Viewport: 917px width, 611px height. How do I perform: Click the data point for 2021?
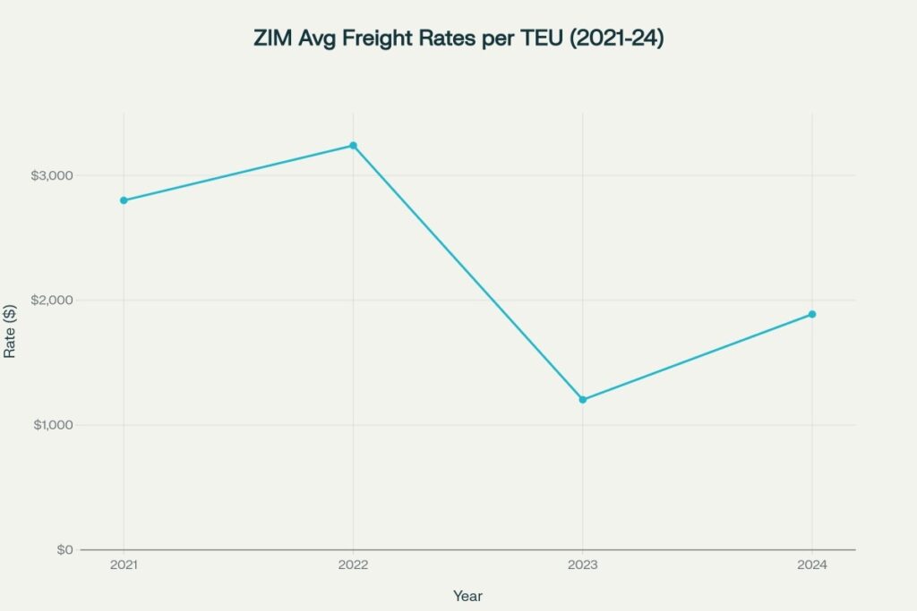click(124, 200)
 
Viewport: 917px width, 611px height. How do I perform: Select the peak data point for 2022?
click(353, 145)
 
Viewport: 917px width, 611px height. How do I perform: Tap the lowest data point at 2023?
click(583, 400)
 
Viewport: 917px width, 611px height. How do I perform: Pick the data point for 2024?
click(812, 314)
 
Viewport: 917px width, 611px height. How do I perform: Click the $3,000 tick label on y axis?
click(52, 175)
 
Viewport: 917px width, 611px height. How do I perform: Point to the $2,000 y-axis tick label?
click(52, 300)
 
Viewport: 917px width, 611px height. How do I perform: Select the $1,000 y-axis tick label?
click(52, 425)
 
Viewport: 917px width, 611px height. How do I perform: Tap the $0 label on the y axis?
click(64, 549)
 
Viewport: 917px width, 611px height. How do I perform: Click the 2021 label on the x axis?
click(124, 566)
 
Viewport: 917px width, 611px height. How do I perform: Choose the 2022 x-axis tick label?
click(353, 566)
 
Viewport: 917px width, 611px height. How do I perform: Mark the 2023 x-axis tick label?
click(583, 566)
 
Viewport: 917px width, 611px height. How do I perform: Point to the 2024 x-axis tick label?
click(812, 566)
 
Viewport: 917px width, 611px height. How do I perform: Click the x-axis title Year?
click(467, 595)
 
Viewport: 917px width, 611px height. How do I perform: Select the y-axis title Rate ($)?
click(10, 331)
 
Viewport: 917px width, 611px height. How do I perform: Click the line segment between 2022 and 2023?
click(467, 272)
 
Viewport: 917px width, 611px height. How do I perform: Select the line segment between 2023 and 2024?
click(698, 357)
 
